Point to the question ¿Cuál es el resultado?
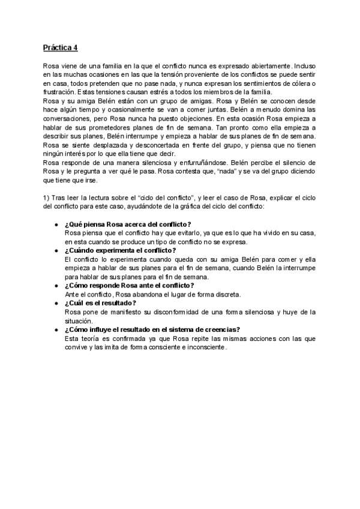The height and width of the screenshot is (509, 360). pyautogui.click(x=100, y=303)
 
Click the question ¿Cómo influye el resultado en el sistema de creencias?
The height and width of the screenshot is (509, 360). pyautogui.click(x=152, y=329)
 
